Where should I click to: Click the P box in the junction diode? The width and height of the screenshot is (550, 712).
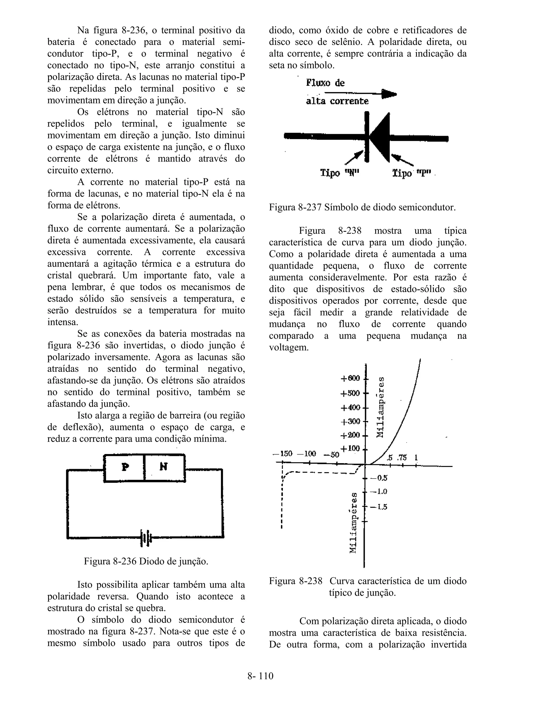(x=124, y=468)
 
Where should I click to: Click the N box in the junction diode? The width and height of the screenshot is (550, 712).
(x=164, y=468)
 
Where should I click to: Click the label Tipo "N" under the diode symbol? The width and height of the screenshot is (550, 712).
(x=339, y=173)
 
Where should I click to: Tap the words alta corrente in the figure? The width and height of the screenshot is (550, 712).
(x=337, y=101)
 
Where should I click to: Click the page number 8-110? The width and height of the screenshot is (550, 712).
(x=260, y=676)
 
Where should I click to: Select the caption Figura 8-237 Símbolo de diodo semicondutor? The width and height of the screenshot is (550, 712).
(x=362, y=207)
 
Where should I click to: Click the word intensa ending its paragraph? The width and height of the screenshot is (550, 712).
(x=63, y=322)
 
